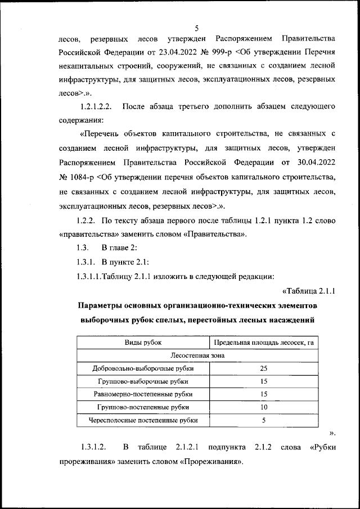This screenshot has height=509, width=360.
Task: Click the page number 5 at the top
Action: tap(197, 28)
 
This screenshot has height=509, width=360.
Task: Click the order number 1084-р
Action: tap(77, 177)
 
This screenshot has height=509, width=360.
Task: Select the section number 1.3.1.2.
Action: tap(93, 447)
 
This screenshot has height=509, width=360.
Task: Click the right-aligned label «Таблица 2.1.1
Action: tap(308, 291)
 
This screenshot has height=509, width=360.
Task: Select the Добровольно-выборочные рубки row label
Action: tap(143, 368)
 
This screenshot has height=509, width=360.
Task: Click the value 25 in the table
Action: tap(263, 368)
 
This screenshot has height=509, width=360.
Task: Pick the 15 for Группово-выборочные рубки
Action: tap(263, 381)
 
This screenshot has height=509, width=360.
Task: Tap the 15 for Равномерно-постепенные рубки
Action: tap(263, 394)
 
